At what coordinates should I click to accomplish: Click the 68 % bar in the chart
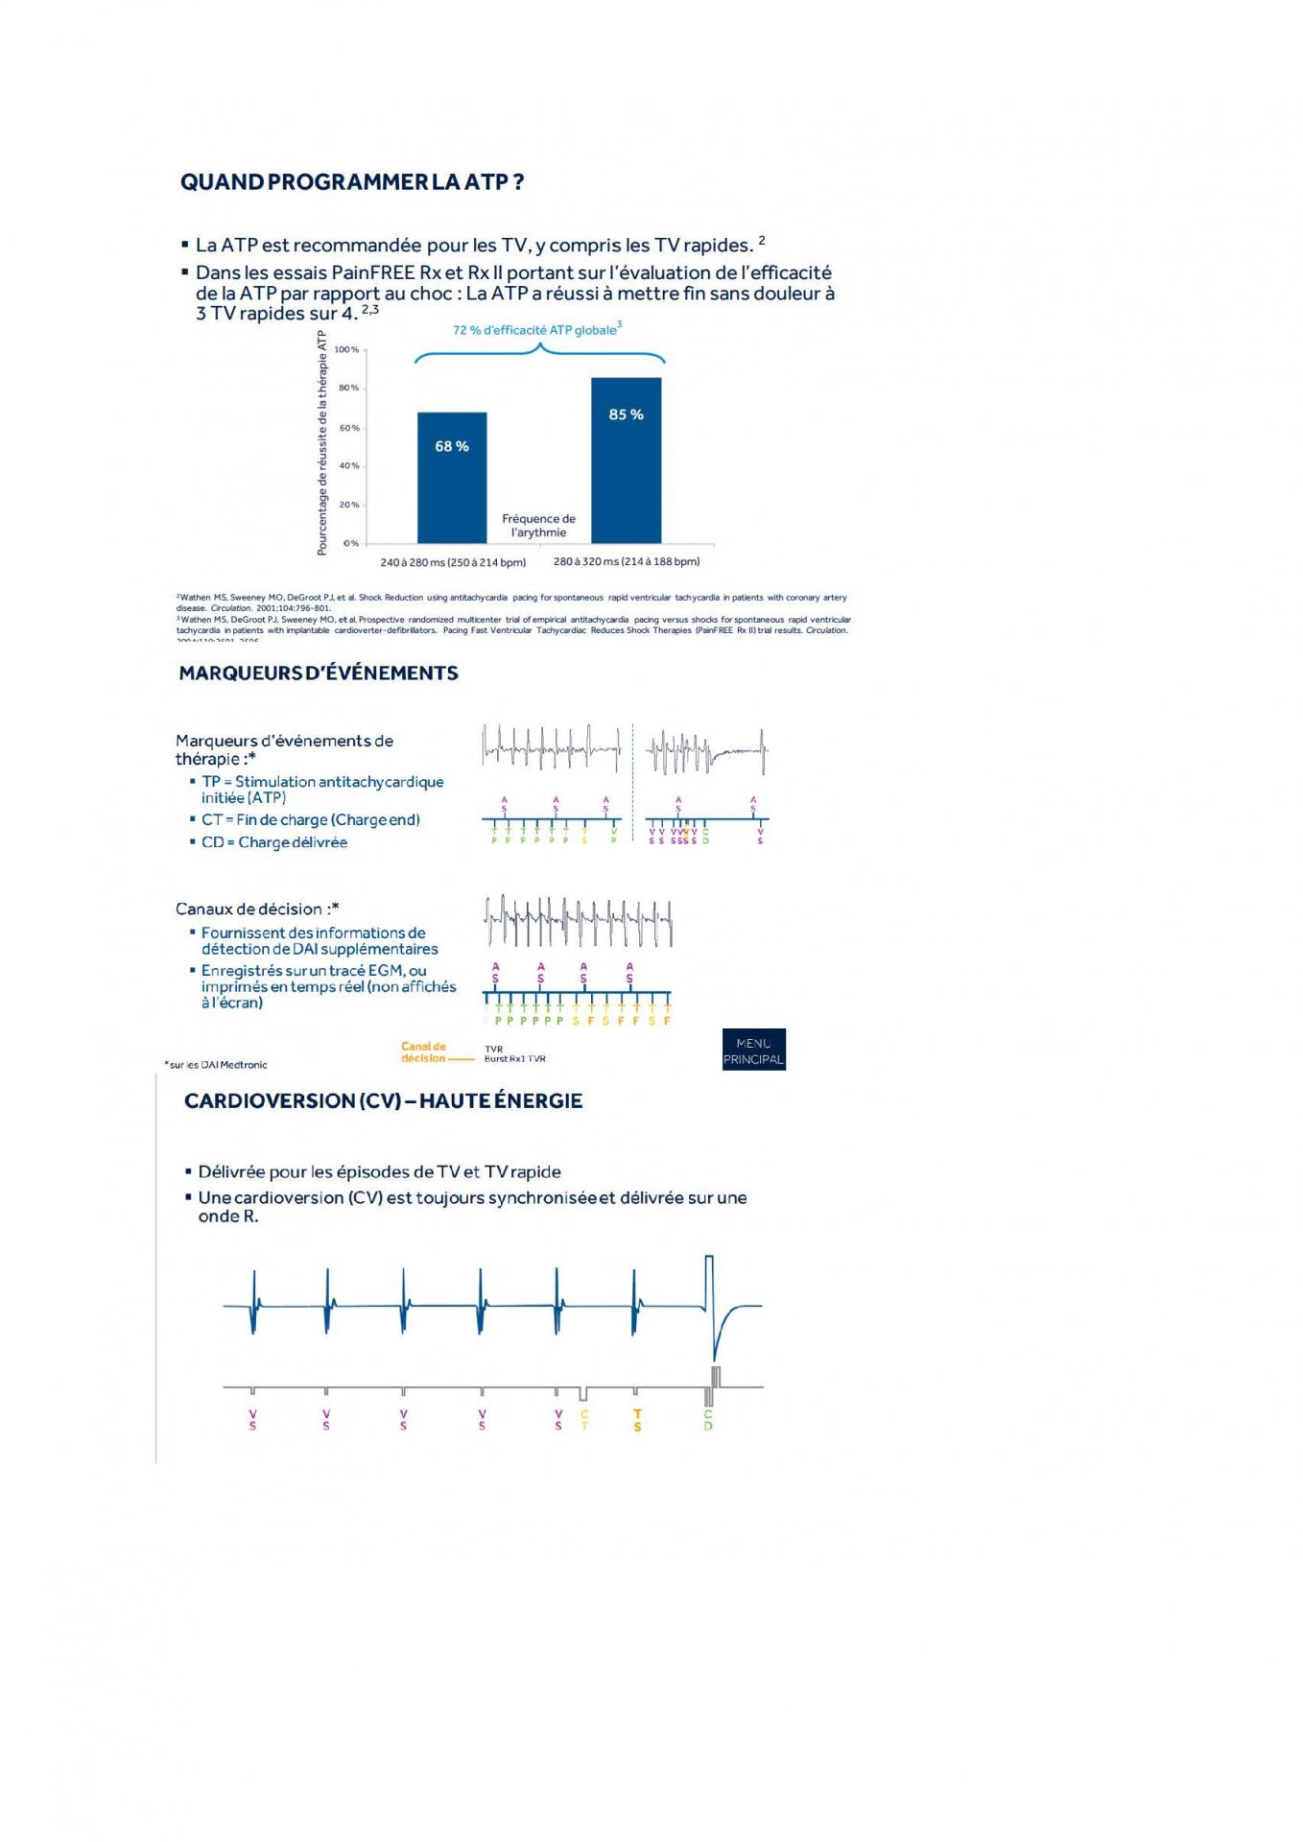tap(451, 477)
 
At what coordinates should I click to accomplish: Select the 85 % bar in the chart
tap(626, 460)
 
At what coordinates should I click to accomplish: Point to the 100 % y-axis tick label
tap(346, 350)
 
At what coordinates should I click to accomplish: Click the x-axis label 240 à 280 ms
tap(452, 562)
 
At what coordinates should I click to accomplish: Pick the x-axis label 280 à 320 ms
tap(626, 561)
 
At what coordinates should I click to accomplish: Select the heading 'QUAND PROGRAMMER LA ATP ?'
tap(352, 182)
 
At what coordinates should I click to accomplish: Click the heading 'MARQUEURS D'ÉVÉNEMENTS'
tap(319, 673)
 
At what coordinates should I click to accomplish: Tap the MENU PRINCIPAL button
tap(753, 1051)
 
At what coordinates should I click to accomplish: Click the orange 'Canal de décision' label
tap(423, 1052)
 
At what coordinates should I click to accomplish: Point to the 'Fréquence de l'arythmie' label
tap(538, 525)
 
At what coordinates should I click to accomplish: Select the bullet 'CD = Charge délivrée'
tap(273, 842)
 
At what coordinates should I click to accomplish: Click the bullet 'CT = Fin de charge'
tap(310, 820)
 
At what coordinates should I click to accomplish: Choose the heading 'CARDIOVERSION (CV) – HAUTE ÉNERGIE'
tap(383, 1101)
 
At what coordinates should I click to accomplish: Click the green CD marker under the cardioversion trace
tap(708, 1420)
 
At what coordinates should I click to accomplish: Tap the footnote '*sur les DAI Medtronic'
tap(216, 1065)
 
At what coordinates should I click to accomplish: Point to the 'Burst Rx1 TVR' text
tap(514, 1059)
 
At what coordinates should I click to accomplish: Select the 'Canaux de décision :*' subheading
tap(257, 909)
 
